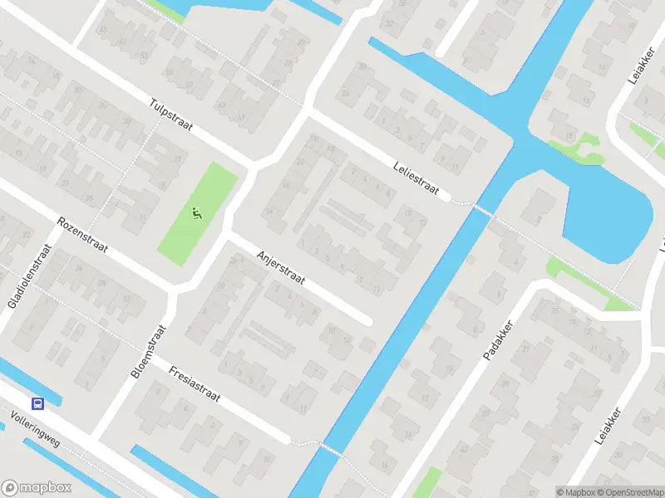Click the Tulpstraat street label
point(171,116)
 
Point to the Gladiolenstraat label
point(24,275)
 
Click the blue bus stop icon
point(38,403)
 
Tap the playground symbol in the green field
point(196,213)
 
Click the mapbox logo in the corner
point(37,488)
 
